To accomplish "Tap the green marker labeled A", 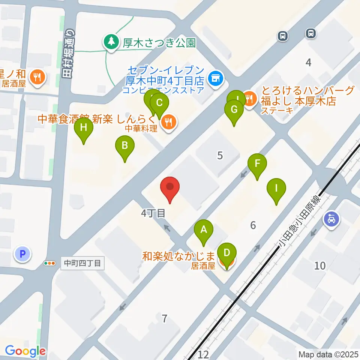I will tap(204, 229).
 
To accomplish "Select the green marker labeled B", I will tap(125, 145).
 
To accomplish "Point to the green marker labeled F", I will tap(257, 164).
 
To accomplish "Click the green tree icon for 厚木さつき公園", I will tap(111, 42).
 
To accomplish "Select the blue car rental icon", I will tap(331, 218).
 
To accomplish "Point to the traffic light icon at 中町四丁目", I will tap(49, 264).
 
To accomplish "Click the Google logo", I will tap(25, 351).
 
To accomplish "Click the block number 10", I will tap(320, 266).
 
